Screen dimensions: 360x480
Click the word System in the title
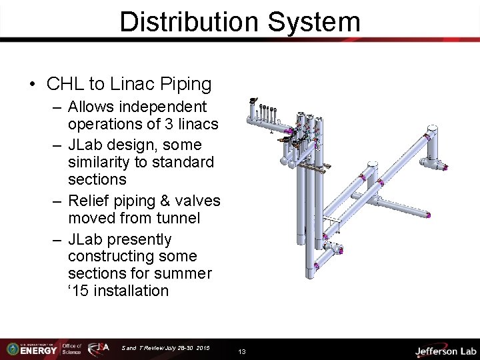314,21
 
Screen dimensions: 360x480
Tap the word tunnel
177,218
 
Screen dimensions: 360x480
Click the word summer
186,273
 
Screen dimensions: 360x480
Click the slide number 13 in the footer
242,351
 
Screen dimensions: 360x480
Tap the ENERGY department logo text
38,350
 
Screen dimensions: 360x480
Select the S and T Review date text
165,348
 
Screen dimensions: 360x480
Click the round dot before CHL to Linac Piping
32,85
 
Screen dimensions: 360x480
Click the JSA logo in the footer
101,349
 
